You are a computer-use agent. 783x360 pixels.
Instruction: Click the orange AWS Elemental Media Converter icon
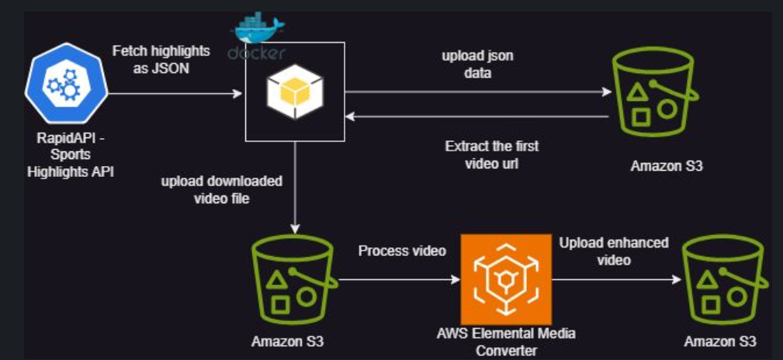tap(506, 279)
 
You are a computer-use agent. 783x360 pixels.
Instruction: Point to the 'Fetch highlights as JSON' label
tap(161, 60)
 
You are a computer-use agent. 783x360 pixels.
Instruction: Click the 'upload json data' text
tap(477, 64)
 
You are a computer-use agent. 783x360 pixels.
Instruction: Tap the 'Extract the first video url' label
tap(492, 155)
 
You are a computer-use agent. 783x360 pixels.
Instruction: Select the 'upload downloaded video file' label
tap(221, 190)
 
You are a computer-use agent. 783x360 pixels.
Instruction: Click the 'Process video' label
tap(402, 252)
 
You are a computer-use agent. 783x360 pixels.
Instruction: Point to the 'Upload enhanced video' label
tap(613, 251)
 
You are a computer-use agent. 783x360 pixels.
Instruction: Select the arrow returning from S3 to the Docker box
tap(477, 116)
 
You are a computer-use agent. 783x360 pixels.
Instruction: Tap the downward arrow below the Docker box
tap(295, 186)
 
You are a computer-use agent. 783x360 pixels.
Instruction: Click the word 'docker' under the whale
tap(257, 53)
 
